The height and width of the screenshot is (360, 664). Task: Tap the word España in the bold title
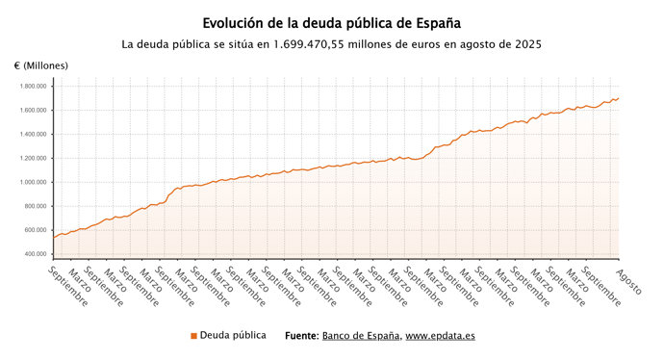[434, 21]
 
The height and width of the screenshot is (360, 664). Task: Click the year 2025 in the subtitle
[525, 44]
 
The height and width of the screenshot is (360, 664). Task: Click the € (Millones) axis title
[41, 65]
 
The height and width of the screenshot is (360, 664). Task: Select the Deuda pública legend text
[233, 336]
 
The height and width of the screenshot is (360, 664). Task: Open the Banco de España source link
[361, 336]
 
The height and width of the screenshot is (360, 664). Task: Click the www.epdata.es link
[440, 336]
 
